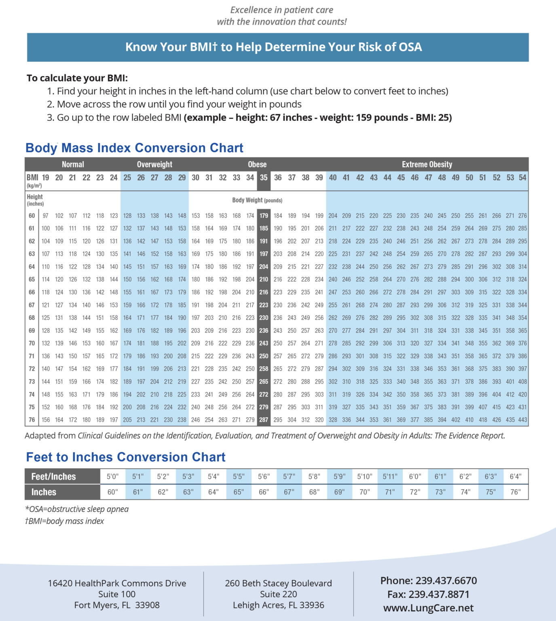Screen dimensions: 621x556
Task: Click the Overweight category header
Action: (154, 165)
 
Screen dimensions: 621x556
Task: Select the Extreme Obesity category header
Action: (427, 165)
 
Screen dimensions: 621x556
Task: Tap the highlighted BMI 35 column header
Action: (264, 177)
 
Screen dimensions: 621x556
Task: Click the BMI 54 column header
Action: (522, 177)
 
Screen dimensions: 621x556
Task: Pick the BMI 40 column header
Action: (333, 177)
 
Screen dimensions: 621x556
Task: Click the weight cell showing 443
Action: (522, 420)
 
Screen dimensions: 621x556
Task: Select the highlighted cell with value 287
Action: (264, 420)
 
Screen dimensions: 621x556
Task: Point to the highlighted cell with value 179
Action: (264, 216)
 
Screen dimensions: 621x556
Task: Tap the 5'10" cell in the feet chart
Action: (365, 477)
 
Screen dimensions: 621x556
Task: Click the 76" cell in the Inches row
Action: (516, 492)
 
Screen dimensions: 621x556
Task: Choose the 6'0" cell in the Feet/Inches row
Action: (415, 477)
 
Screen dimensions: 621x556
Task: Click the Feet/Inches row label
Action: (54, 477)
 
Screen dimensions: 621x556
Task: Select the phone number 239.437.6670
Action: (446, 581)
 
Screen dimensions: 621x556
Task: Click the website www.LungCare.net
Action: (428, 608)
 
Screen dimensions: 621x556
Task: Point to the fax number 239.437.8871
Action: (439, 595)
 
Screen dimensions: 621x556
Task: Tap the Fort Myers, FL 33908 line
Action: (117, 605)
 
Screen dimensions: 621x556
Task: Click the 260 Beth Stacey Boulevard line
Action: (278, 583)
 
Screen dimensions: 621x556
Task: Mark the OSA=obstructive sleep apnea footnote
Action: (77, 509)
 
